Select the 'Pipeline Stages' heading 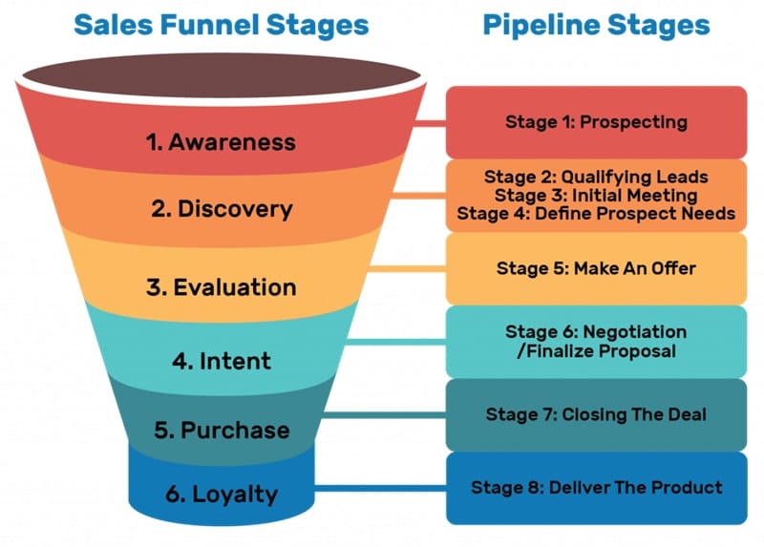(x=596, y=25)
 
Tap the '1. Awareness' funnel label (x=221, y=142)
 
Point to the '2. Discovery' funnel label (x=222, y=209)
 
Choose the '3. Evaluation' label (x=222, y=286)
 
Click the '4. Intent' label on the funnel (x=222, y=361)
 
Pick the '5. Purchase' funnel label (x=222, y=430)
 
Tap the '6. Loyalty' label (x=222, y=494)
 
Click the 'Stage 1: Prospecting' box (x=596, y=122)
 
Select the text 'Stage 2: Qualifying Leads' (x=596, y=177)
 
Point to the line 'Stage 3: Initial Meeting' (x=596, y=195)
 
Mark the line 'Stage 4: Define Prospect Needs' (x=596, y=213)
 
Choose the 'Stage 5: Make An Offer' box (x=596, y=268)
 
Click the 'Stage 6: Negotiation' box (x=596, y=341)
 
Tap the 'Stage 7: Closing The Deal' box (x=596, y=414)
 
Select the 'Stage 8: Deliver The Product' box (x=596, y=488)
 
